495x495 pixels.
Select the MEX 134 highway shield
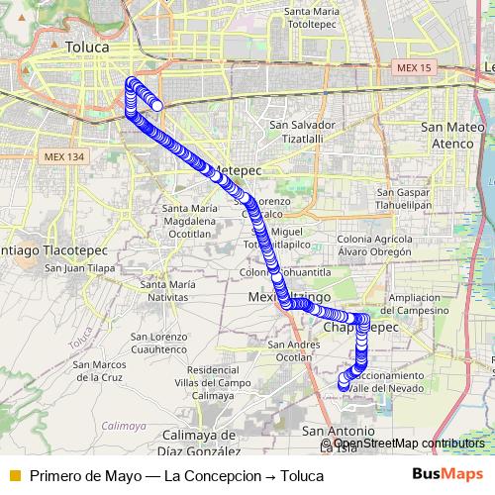click(64, 156)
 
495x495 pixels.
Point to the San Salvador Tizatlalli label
click(302, 132)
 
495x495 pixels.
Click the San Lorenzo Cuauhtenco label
click(158, 343)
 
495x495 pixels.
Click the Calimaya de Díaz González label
click(199, 442)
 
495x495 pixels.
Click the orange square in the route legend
click(14, 475)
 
